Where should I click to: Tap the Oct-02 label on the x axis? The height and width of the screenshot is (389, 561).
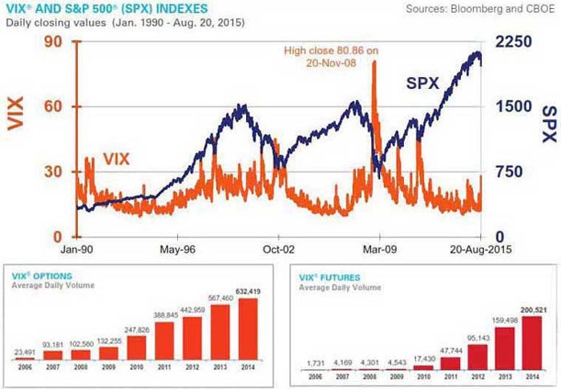pos(276,249)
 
